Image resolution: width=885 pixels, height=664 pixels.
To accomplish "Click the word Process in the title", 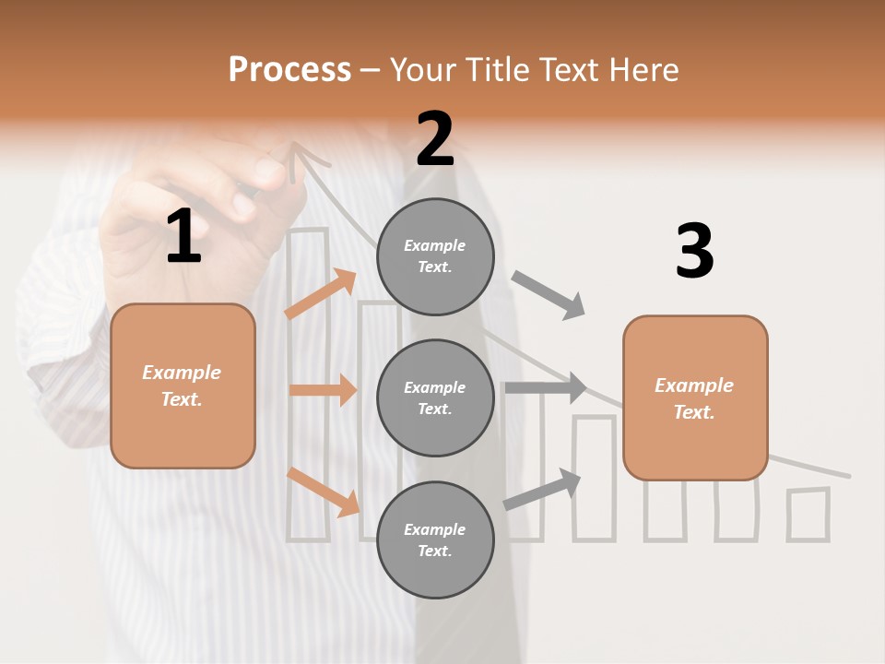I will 289,69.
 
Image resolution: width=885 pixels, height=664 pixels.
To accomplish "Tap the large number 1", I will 183,237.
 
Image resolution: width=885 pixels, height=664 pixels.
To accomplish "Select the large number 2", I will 435,139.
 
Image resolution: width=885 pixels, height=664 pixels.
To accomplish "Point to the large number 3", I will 694,252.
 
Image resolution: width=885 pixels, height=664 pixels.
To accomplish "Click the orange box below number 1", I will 183,385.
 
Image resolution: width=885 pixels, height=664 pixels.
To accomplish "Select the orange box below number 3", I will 695,397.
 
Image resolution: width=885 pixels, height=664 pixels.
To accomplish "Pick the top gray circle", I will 435,256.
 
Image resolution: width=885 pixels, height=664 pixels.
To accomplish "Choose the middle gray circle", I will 435,397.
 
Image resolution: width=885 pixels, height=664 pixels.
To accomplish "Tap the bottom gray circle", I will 435,539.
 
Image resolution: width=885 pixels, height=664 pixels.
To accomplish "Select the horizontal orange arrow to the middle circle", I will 323,390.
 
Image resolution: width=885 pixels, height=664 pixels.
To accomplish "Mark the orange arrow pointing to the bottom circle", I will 324,492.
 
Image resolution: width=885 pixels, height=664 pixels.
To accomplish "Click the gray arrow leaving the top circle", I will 549,294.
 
